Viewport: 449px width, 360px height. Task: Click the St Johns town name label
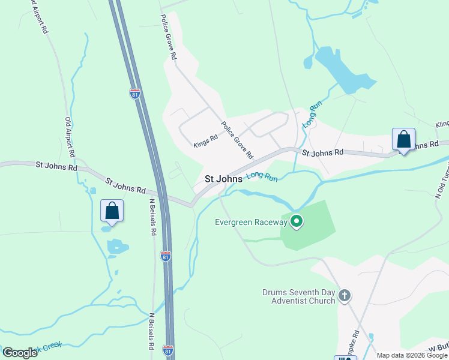pyautogui.click(x=223, y=179)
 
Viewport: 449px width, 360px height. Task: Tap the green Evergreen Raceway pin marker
pyautogui.click(x=296, y=222)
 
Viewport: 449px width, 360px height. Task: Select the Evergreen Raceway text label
pyautogui.click(x=252, y=222)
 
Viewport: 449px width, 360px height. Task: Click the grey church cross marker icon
pyautogui.click(x=344, y=295)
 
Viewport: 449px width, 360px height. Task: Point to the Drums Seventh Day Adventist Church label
pyautogui.click(x=298, y=296)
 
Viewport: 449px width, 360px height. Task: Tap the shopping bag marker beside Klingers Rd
pyautogui.click(x=404, y=140)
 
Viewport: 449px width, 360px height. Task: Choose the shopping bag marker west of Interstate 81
pyautogui.click(x=112, y=211)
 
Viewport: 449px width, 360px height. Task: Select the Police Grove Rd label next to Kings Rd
pyautogui.click(x=237, y=139)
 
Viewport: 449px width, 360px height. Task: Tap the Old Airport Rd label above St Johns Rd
pyautogui.click(x=68, y=137)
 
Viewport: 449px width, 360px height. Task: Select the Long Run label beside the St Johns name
pyautogui.click(x=262, y=176)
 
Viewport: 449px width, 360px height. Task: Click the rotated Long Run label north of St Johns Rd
pyautogui.click(x=310, y=115)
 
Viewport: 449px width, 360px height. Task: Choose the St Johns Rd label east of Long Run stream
pyautogui.click(x=322, y=152)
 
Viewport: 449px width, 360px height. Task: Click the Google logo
pyautogui.click(x=20, y=353)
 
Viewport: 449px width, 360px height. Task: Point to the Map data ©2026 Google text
pyautogui.click(x=412, y=355)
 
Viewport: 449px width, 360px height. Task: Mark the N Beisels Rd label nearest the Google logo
pyautogui.click(x=151, y=331)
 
